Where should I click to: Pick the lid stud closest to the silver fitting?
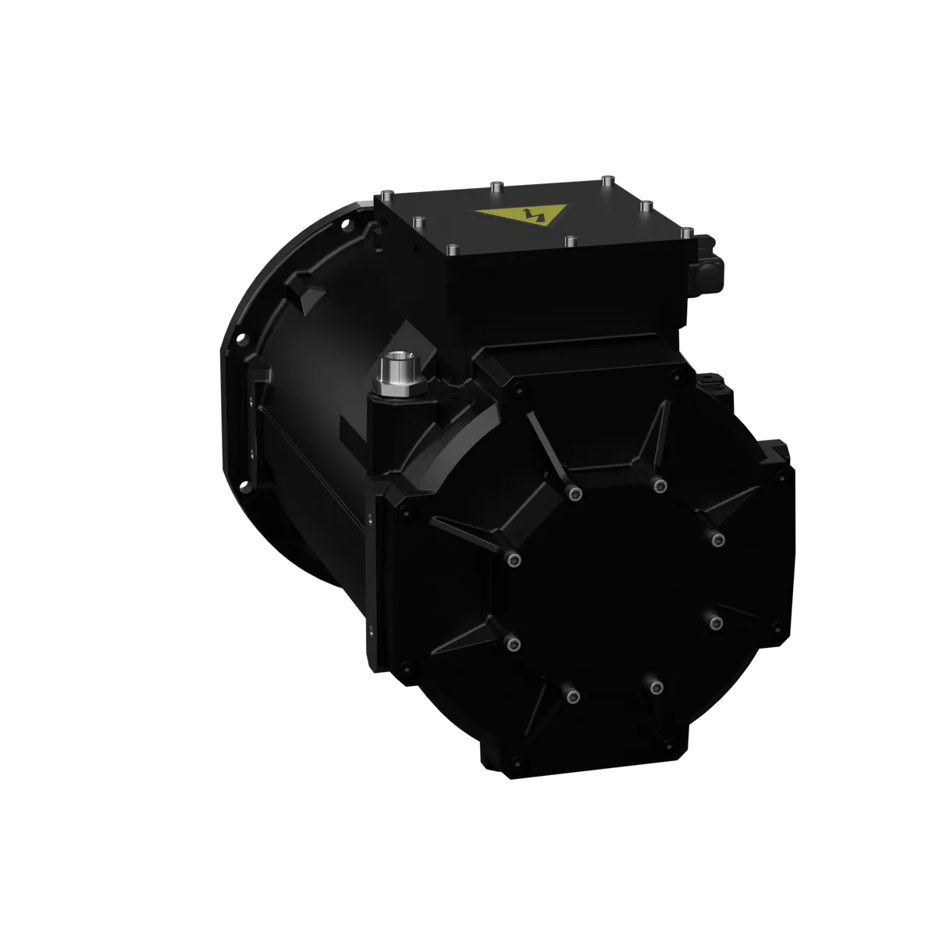[x=451, y=249]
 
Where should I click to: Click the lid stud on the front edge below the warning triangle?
[x=571, y=239]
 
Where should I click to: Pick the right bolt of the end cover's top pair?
[x=659, y=486]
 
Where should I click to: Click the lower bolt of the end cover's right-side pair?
[x=716, y=622]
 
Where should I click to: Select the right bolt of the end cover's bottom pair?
[x=655, y=687]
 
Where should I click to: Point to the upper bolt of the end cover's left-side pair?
[x=511, y=559]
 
